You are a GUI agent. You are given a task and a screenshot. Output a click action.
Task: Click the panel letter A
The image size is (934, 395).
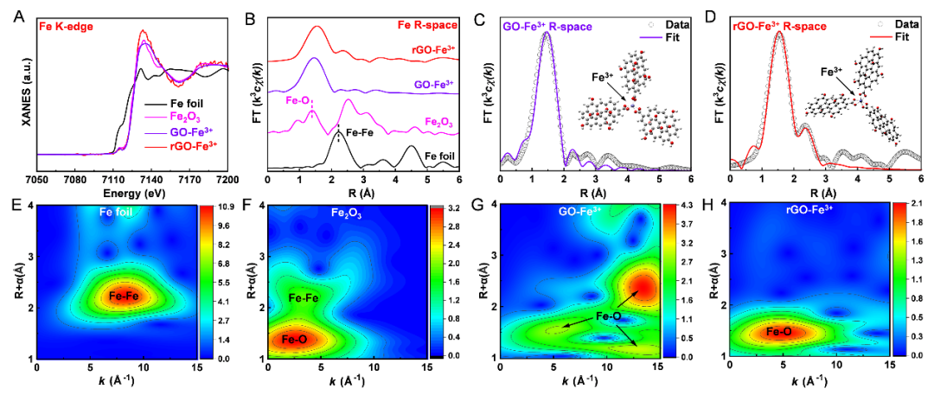point(20,14)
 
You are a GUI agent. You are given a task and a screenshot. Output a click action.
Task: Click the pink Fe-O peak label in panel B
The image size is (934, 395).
point(299,100)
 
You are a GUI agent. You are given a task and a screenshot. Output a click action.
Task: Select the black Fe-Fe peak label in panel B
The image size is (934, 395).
point(361,134)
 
